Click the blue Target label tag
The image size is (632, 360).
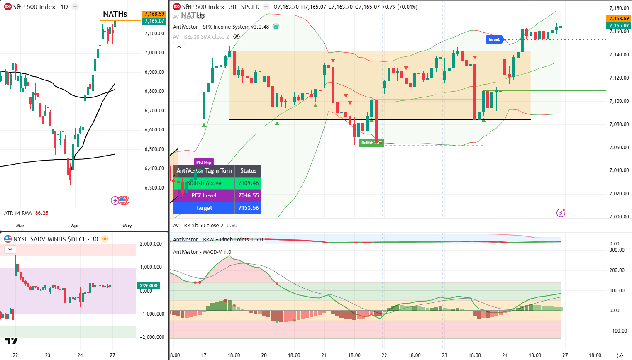[494, 39]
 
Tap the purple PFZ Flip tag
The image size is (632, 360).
[204, 162]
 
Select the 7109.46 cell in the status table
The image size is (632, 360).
[248, 183]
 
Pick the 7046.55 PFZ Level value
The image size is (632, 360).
[248, 195]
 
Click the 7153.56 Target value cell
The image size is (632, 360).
[248, 208]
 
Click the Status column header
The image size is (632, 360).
[248, 170]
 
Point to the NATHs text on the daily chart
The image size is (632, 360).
[115, 14]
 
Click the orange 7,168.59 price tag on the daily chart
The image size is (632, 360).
[154, 14]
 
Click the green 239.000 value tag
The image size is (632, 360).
[149, 285]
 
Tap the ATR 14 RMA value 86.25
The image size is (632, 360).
[41, 213]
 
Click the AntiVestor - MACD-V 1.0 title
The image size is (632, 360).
[202, 252]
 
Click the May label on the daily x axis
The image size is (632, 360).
[127, 226]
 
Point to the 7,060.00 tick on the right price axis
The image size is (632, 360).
[619, 147]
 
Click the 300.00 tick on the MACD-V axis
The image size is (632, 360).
[617, 250]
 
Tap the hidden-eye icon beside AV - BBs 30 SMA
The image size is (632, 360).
[237, 36]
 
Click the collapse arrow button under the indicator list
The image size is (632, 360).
[179, 47]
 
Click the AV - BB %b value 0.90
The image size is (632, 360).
[232, 225]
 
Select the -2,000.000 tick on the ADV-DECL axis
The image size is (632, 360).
[151, 337]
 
